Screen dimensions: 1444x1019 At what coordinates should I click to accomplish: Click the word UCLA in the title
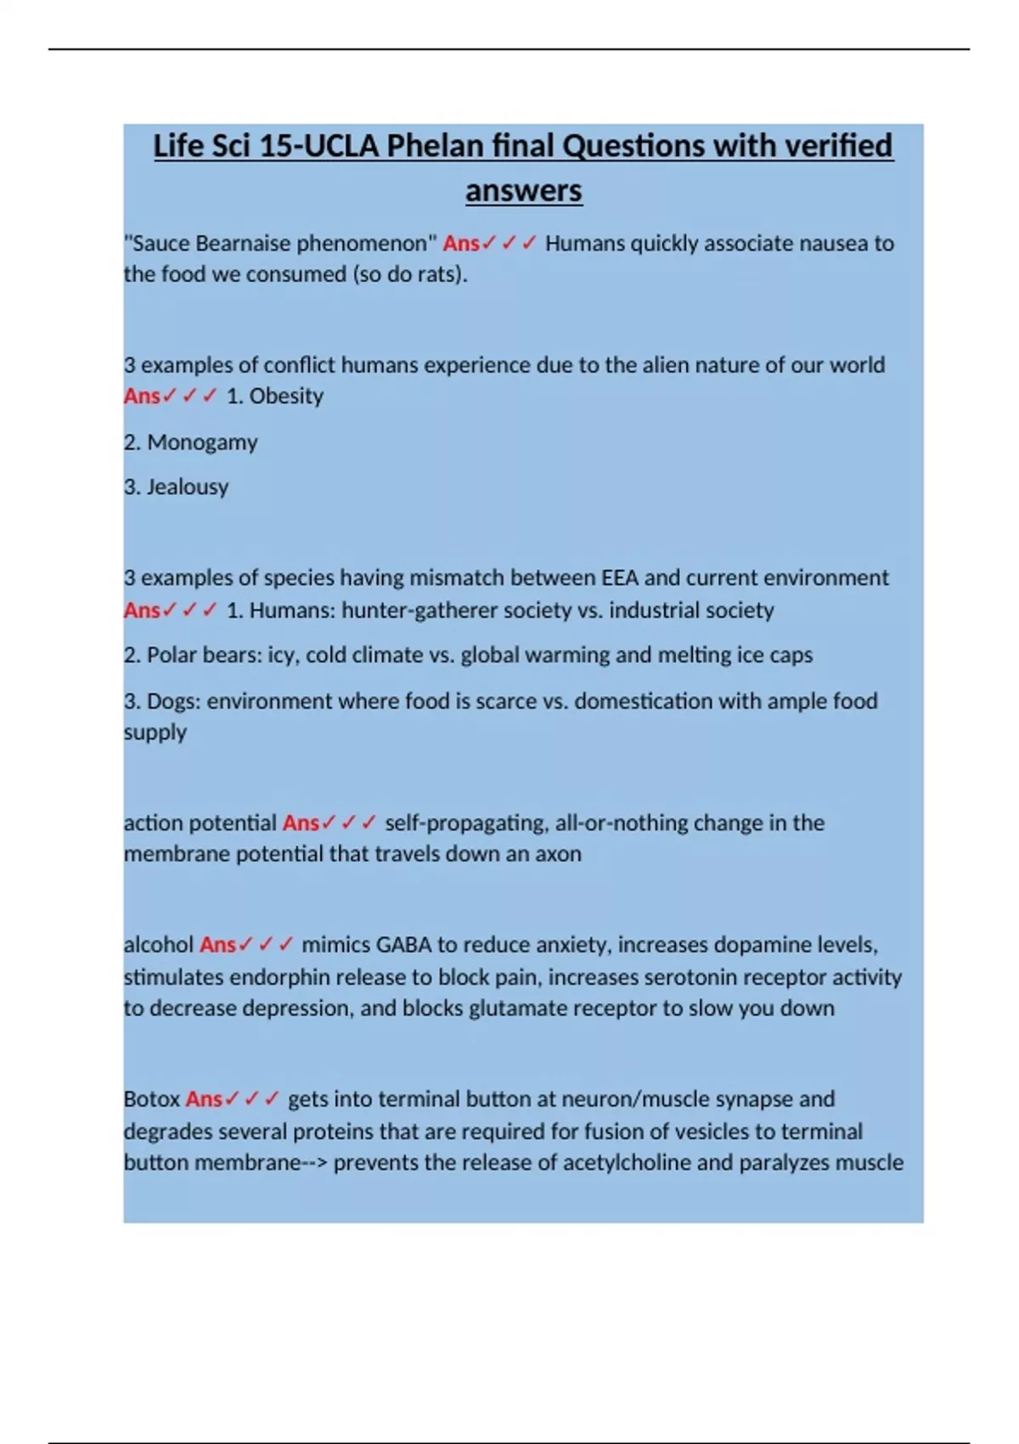pyautogui.click(x=341, y=146)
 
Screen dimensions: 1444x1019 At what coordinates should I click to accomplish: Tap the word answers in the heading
pyautogui.click(x=523, y=190)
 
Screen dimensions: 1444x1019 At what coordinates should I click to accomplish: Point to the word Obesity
pyautogui.click(x=286, y=396)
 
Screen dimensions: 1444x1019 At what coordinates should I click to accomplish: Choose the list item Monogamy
pyautogui.click(x=202, y=443)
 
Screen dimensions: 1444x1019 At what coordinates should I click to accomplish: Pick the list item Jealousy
pyautogui.click(x=188, y=487)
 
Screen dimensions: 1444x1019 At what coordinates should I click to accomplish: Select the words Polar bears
pyautogui.click(x=204, y=655)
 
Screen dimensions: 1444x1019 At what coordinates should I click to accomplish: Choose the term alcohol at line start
pyautogui.click(x=159, y=945)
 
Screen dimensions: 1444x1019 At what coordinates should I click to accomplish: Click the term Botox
pyautogui.click(x=152, y=1099)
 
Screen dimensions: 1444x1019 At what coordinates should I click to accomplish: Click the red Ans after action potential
pyautogui.click(x=301, y=823)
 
